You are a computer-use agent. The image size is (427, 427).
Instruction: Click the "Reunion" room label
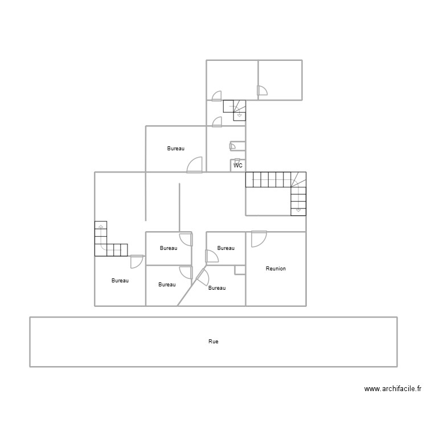(x=276, y=268)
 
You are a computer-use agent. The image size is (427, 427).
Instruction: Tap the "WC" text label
(x=238, y=166)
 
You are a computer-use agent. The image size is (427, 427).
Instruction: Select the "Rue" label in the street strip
(x=213, y=342)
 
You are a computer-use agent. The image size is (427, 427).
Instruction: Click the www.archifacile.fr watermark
(x=392, y=389)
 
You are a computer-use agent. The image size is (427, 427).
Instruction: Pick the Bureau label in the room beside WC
(x=175, y=149)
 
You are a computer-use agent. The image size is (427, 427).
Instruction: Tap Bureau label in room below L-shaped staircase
(x=120, y=281)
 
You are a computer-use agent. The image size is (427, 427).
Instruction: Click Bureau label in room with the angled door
(x=216, y=288)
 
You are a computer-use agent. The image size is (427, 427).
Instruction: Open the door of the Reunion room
(x=258, y=239)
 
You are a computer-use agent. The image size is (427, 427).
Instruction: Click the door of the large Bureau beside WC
(x=195, y=165)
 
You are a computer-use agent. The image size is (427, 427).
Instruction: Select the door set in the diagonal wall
(x=202, y=278)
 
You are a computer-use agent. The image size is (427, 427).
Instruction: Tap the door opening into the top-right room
(x=262, y=91)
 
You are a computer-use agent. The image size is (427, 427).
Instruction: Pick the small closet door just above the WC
(x=232, y=146)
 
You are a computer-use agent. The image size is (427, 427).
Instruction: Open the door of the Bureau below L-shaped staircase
(x=136, y=261)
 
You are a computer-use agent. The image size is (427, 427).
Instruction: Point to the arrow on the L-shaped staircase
(x=101, y=227)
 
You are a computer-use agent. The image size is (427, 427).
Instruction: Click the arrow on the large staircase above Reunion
(x=298, y=210)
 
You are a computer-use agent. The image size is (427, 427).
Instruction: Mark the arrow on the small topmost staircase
(x=239, y=115)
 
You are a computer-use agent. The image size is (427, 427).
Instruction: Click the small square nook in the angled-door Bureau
(x=240, y=270)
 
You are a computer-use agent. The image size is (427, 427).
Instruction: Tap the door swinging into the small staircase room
(x=217, y=121)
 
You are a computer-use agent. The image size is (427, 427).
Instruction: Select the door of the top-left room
(x=216, y=96)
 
